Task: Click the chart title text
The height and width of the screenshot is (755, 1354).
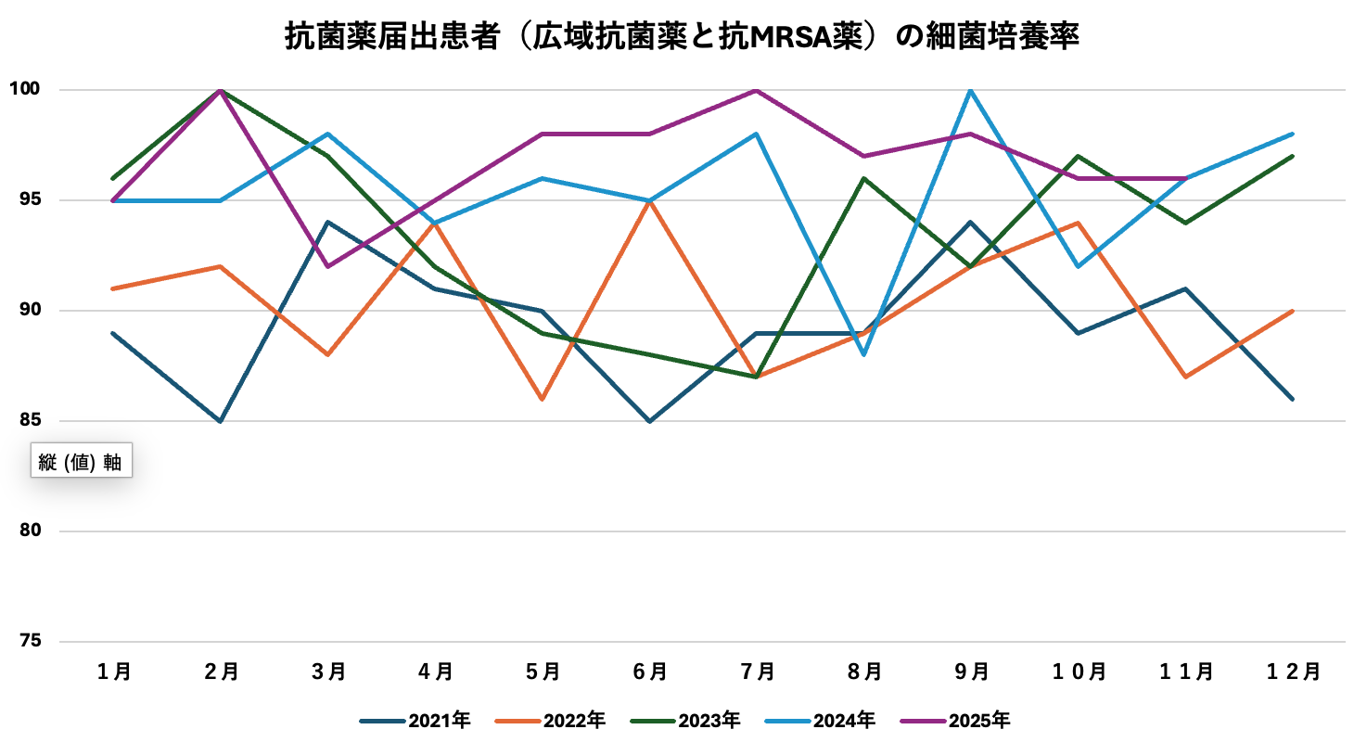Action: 682,37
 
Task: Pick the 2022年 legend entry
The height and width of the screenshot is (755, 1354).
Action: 551,721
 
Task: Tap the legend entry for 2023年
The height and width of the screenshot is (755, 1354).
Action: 685,721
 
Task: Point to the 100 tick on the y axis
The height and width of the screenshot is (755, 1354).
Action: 24,89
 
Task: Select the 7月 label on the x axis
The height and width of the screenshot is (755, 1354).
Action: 757,672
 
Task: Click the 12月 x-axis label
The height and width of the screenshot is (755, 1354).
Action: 1293,672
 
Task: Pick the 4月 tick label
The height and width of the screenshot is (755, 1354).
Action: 435,672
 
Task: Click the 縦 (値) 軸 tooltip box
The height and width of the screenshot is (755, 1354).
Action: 81,461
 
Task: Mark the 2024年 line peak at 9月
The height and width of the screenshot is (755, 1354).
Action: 971,90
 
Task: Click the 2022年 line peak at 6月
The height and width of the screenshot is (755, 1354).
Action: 649,200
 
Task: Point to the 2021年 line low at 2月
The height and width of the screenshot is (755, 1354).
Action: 220,421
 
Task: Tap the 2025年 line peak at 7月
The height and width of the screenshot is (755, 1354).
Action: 757,90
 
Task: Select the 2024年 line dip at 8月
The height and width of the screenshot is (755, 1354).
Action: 863,354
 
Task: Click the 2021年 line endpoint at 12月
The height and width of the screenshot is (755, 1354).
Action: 1293,399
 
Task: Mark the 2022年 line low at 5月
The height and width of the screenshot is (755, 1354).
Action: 542,399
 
